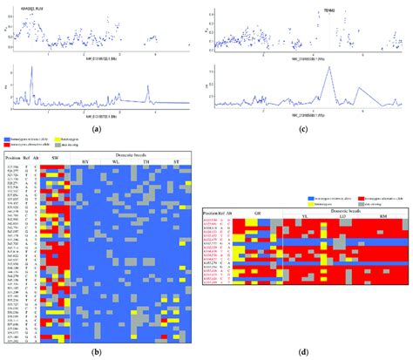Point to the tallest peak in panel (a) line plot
32,70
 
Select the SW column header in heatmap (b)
55,157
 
